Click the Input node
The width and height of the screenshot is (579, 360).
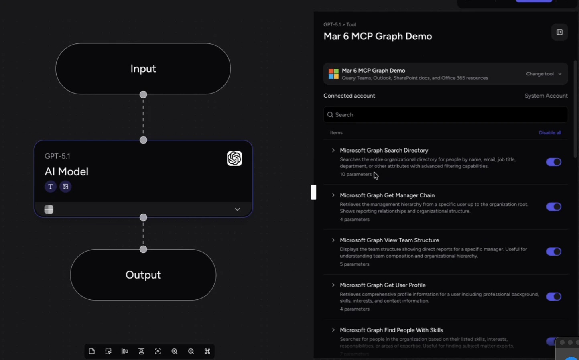coord(143,69)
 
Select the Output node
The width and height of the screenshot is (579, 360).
coord(143,275)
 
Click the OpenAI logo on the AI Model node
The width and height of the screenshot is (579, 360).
coord(234,159)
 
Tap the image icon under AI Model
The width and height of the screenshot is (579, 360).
coord(65,187)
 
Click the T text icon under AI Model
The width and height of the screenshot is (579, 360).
coord(50,187)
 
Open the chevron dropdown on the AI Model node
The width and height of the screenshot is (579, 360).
coord(237,209)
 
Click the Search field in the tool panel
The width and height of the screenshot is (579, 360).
coord(445,115)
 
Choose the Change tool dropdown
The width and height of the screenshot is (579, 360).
coord(544,74)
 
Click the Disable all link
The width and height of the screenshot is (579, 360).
coord(550,133)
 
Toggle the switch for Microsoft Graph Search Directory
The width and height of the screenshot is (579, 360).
coord(553,162)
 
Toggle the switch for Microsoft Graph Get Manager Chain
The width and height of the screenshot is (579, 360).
coord(553,207)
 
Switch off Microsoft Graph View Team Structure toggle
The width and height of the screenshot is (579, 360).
coord(553,252)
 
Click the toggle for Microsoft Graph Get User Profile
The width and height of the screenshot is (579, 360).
coord(553,297)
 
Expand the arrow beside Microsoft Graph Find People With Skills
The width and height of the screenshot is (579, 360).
coord(333,330)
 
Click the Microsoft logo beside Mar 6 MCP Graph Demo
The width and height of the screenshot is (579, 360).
coord(333,74)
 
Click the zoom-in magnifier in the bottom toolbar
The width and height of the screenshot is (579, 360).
coord(175,351)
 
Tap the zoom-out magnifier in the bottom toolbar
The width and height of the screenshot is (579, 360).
coord(191,351)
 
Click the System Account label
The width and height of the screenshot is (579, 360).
coord(546,96)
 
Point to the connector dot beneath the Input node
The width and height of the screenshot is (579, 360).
coord(143,95)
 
